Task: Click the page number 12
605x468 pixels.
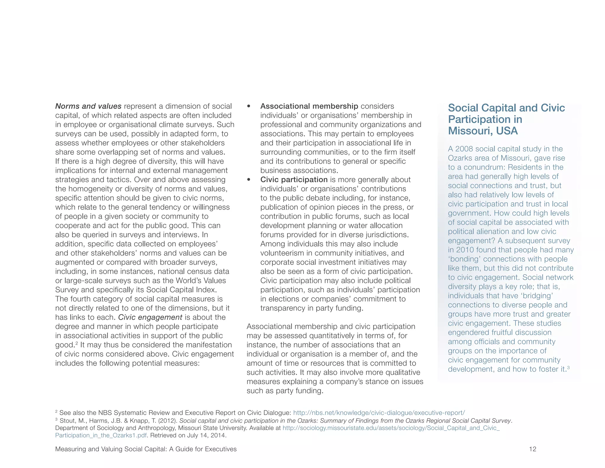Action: click(532, 449)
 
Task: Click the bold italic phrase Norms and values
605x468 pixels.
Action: click(88, 106)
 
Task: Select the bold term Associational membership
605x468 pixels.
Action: click(309, 106)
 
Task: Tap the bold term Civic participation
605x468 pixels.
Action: click(294, 180)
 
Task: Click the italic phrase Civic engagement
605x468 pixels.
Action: click(150, 317)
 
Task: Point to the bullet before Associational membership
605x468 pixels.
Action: click(249, 106)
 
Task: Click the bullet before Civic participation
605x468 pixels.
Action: click(249, 180)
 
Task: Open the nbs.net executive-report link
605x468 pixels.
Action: click(379, 413)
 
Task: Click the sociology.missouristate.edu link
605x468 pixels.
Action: click(391, 428)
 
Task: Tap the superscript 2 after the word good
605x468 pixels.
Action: click(77, 343)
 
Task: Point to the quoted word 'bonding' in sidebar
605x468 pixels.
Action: click(464, 259)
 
